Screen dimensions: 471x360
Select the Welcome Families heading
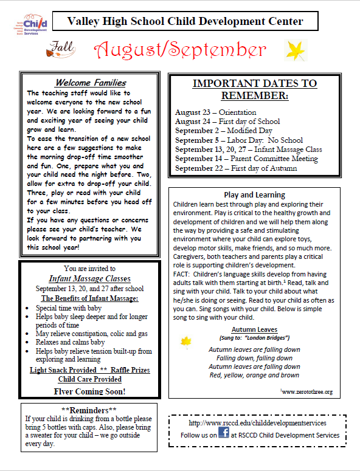[91, 83]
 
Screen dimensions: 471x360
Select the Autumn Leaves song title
[254, 329]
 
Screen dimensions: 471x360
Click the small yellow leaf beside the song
[186, 342]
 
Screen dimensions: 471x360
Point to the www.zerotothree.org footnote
[306, 392]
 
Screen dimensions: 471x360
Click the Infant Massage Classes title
[89, 279]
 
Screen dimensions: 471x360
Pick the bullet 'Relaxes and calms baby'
[70, 342]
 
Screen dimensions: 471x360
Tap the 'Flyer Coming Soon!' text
[89, 391]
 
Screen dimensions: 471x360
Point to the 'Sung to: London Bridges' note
[254, 337]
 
